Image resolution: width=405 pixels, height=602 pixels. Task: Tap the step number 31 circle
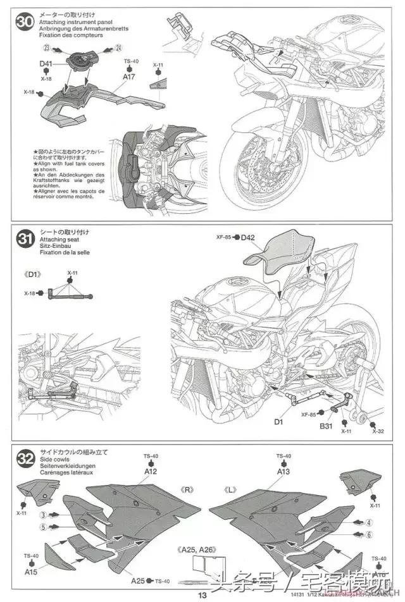click(x=25, y=239)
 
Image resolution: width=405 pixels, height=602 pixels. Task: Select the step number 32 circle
click(x=25, y=458)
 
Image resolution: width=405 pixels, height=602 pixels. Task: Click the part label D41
click(x=46, y=64)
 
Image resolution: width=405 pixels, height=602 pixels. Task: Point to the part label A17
click(x=129, y=77)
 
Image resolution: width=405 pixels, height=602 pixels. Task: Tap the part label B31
click(x=325, y=426)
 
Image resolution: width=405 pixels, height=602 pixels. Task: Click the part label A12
click(x=151, y=471)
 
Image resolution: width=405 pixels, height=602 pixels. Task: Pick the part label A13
click(x=283, y=471)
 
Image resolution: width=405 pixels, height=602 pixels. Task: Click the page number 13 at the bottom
click(x=202, y=595)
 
